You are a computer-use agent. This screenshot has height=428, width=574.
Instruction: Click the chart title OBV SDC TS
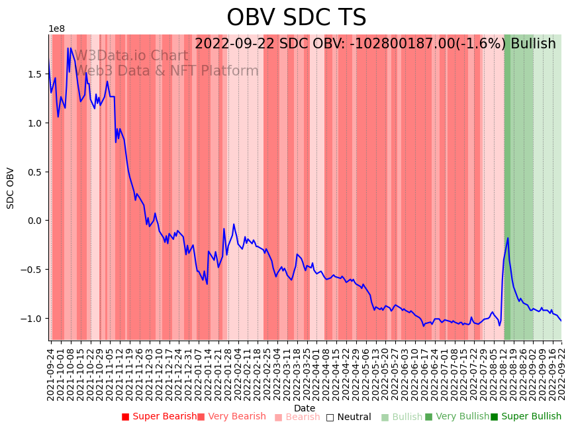296,18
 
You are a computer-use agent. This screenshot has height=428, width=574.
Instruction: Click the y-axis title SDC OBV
11,187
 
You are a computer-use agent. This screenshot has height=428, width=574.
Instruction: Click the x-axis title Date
305,408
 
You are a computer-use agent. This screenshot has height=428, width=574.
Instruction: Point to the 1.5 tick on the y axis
36,74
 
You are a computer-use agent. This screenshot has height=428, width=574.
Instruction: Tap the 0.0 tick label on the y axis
36,221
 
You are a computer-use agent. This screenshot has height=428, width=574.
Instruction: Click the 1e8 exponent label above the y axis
56,29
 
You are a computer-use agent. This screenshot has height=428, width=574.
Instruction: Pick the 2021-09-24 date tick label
50,371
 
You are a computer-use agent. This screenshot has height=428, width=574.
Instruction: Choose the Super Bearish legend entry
159,417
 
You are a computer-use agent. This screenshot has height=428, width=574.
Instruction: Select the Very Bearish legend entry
231,417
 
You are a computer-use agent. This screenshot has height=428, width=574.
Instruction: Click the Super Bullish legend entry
526,417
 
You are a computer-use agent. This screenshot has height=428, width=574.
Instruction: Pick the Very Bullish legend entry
457,417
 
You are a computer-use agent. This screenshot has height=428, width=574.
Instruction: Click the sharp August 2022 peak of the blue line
508,238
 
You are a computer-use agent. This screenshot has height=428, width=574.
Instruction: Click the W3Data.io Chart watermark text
131,56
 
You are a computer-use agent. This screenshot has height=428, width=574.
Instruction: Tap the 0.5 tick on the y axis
36,172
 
